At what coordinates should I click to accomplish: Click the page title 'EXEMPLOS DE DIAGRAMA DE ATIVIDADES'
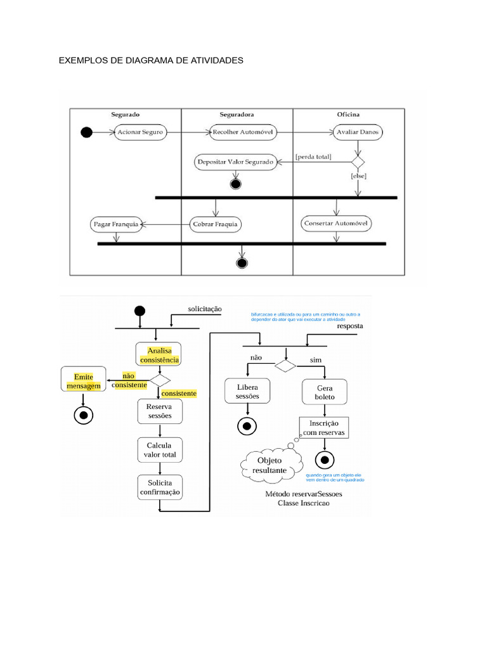[x=151, y=61]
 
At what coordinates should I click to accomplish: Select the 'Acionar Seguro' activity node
[x=140, y=132]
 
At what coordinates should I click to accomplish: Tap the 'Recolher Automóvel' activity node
[x=243, y=132]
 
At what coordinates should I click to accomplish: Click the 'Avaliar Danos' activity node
[x=358, y=132]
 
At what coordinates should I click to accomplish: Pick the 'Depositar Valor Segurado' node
[x=235, y=162]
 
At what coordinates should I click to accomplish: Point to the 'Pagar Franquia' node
[x=115, y=224]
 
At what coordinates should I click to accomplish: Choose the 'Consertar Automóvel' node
[x=336, y=224]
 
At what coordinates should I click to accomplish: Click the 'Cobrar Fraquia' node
[x=216, y=224]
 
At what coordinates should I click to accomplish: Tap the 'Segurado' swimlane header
[x=126, y=115]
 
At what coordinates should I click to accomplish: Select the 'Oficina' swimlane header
[x=348, y=115]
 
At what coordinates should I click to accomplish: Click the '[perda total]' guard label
[x=314, y=156]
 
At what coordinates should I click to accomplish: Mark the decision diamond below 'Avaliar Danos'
[x=358, y=162]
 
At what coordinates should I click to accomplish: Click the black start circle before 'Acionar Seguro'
[x=87, y=132]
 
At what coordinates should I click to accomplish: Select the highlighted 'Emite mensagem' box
[x=83, y=381]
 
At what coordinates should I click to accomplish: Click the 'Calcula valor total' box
[x=159, y=450]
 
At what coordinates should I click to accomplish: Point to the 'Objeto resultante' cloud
[x=270, y=465]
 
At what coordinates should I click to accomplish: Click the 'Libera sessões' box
[x=247, y=392]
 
